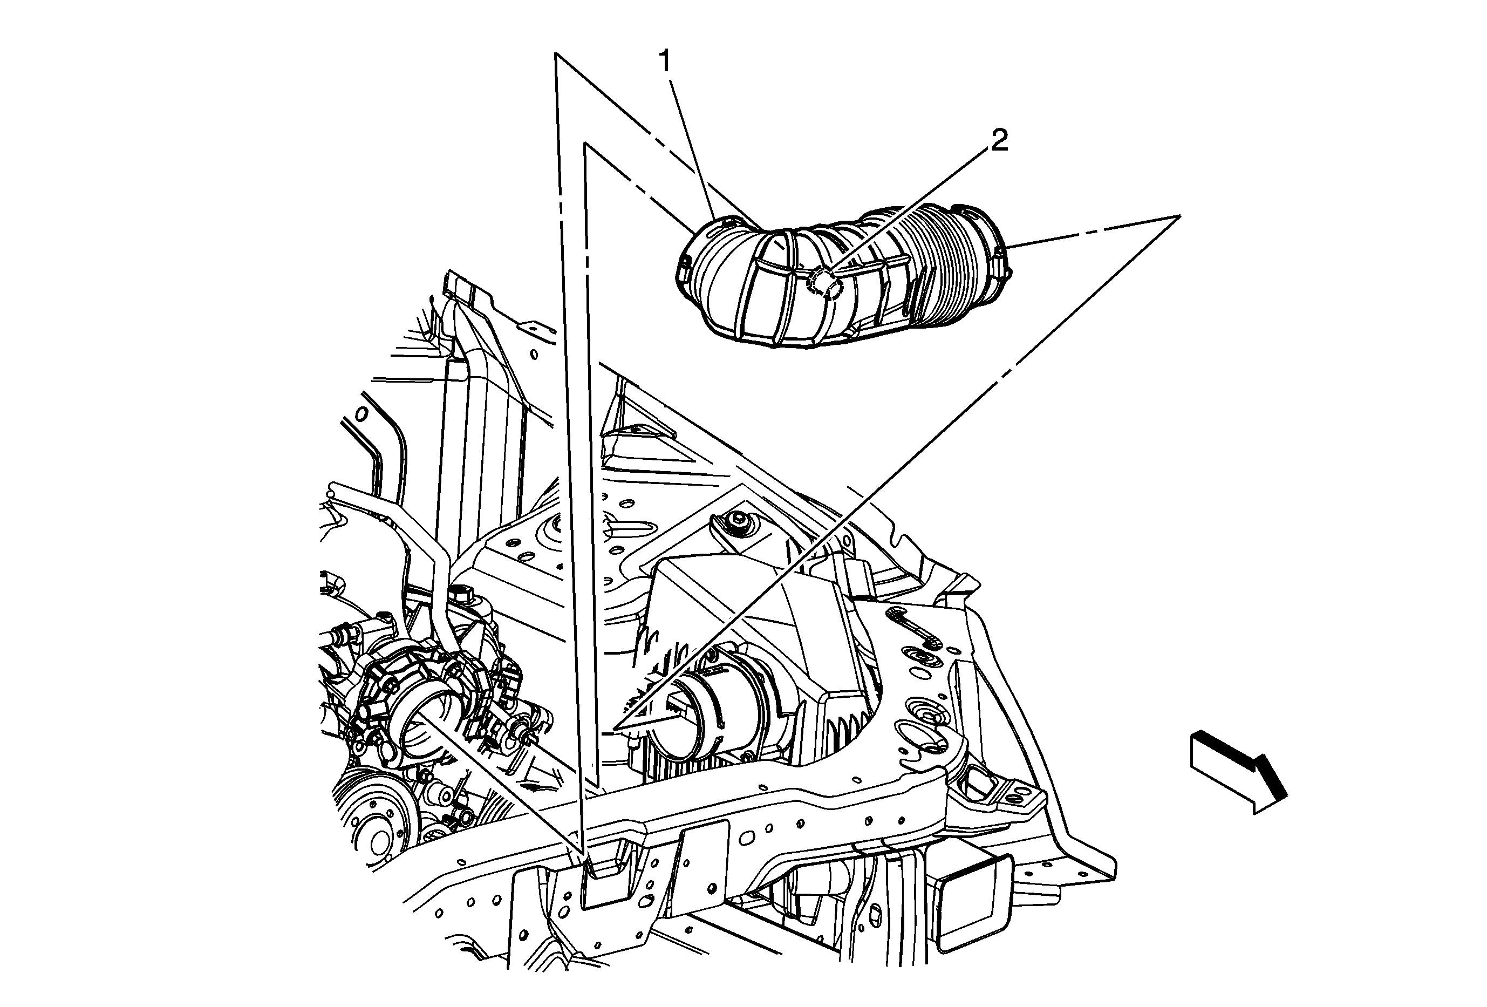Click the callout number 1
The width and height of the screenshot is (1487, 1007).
point(665,62)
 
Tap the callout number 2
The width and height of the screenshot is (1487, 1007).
point(999,141)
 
